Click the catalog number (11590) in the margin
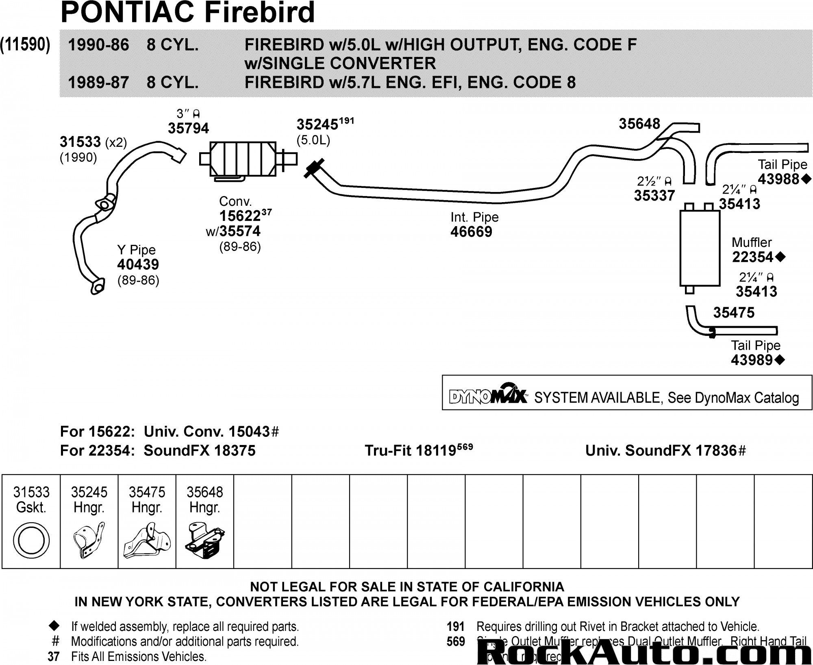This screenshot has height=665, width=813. click(25, 45)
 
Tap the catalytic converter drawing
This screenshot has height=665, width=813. click(243, 159)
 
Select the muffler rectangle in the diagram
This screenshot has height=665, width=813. click(700, 248)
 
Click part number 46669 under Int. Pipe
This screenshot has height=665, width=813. click(471, 232)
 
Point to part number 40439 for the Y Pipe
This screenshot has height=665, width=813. click(138, 265)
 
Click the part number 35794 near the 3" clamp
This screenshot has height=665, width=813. click(188, 129)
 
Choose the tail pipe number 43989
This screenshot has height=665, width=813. click(752, 360)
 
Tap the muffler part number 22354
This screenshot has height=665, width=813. click(753, 257)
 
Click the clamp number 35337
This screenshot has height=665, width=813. click(654, 196)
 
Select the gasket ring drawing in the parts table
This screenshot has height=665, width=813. click(31, 541)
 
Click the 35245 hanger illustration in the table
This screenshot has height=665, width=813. click(89, 541)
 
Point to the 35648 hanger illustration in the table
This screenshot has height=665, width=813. click(204, 541)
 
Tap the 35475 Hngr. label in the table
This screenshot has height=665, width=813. click(147, 500)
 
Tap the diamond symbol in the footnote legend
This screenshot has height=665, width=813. click(54, 626)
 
